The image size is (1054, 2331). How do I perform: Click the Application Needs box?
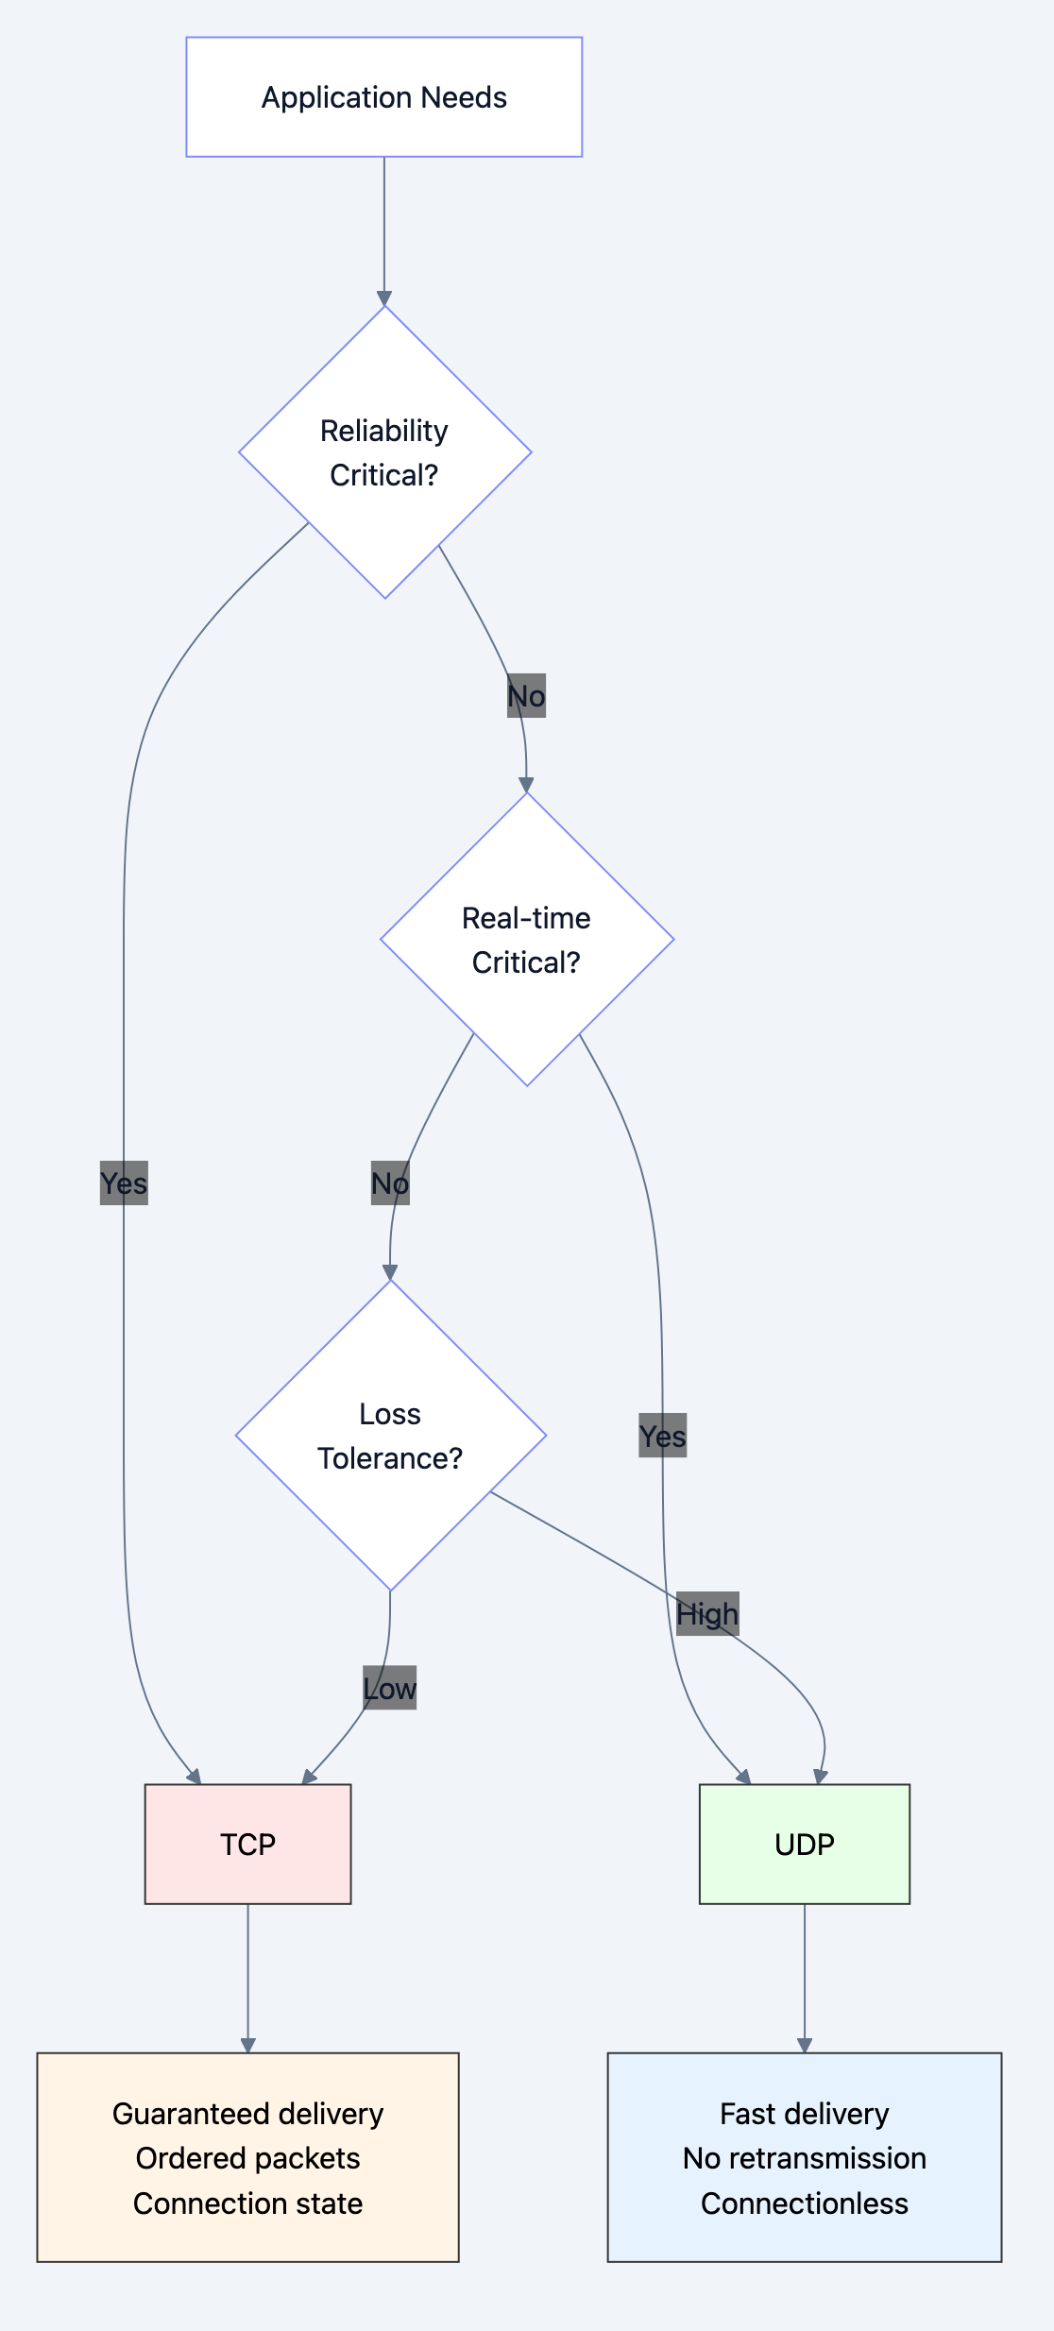pos(383,97)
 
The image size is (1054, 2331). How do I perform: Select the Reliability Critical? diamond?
pos(384,452)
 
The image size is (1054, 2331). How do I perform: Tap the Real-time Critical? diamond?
pos(526,940)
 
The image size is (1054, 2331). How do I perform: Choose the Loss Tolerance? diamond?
pos(390,1436)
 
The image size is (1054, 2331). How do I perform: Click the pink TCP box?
pos(247,1844)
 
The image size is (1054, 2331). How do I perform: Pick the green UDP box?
pos(804,1844)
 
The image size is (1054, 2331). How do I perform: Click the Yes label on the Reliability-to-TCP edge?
pos(124,1183)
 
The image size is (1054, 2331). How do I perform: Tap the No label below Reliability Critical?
pos(526,696)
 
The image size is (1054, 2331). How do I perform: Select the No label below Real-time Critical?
pos(390,1183)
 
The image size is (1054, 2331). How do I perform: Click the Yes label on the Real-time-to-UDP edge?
pos(662,1436)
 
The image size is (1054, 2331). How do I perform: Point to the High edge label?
pos(707,1614)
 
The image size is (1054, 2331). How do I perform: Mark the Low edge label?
pos(390,1688)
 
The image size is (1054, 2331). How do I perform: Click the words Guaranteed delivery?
pos(247,2113)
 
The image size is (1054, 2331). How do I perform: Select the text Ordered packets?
pos(247,2158)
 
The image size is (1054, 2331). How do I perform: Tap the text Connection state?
pos(247,2203)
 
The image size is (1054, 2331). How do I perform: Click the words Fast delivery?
pos(804,2113)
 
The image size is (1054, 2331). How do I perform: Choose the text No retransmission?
pos(804,2158)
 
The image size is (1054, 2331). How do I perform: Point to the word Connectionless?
pos(804,2203)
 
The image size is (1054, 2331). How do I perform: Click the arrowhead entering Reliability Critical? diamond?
pos(384,298)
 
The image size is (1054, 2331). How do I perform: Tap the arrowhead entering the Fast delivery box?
pos(804,2045)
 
